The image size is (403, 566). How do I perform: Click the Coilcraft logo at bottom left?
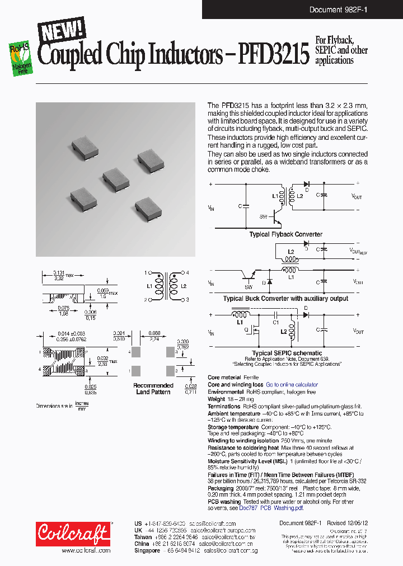click(x=73, y=534)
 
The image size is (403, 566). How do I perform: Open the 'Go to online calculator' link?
click(x=292, y=385)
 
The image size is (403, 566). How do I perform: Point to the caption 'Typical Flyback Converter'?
click(x=285, y=234)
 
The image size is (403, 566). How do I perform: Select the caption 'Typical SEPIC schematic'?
click(x=287, y=353)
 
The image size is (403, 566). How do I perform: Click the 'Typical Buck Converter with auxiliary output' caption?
click(x=285, y=298)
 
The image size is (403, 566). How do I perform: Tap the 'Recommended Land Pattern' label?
click(x=153, y=389)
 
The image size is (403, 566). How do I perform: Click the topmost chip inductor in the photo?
click(x=85, y=147)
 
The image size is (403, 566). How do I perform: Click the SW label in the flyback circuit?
click(x=263, y=216)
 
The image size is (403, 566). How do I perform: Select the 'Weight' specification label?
click(x=217, y=399)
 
